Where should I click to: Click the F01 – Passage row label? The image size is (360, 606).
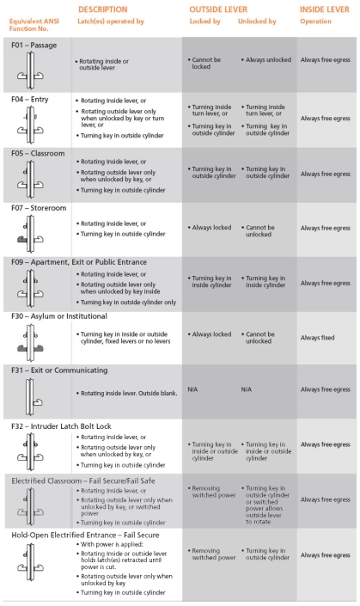34,44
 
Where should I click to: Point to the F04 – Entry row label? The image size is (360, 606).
30,99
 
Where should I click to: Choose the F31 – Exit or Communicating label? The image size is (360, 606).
59,370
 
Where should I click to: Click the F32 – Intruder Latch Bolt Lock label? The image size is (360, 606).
62,425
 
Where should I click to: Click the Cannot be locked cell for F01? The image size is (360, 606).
205,64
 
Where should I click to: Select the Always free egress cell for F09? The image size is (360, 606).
323,283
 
